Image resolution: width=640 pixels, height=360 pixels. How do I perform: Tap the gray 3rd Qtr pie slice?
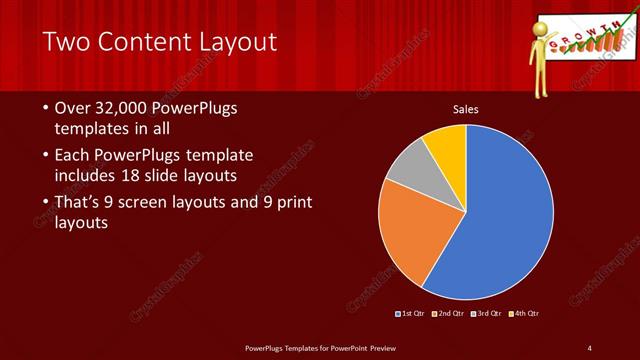pyautogui.click(x=410, y=169)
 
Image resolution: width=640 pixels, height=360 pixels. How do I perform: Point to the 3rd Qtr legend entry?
pyautogui.click(x=489, y=314)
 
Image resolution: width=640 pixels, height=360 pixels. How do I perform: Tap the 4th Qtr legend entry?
pyautogui.click(x=526, y=314)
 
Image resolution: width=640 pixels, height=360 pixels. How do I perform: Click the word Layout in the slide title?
pyautogui.click(x=237, y=42)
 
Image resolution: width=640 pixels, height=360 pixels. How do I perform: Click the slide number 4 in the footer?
pyautogui.click(x=589, y=347)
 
